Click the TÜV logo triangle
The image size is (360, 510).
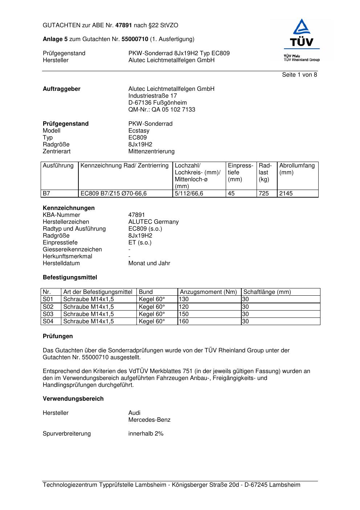(301, 28)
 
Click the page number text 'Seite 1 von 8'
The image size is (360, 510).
(299, 75)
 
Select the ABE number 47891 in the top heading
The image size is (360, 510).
(124, 25)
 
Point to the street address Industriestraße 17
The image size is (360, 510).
(152, 96)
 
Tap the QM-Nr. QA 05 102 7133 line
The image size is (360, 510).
(161, 110)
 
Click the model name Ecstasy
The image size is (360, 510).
(139, 131)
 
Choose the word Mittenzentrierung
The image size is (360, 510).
(151, 151)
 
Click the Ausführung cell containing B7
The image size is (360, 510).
(47, 194)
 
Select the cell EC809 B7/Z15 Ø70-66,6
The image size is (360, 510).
(114, 194)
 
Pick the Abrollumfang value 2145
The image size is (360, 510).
(286, 194)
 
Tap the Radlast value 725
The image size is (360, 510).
(264, 194)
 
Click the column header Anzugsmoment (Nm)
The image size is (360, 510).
(208, 292)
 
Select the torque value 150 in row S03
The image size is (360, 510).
(184, 314)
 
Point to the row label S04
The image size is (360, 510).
(48, 321)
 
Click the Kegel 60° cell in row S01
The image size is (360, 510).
(152, 299)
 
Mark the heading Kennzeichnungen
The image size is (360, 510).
(69, 208)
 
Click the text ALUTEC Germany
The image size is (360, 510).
(153, 222)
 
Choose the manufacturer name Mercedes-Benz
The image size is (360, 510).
(149, 420)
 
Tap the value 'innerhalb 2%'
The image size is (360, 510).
(146, 434)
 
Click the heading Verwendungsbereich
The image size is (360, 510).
(73, 399)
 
